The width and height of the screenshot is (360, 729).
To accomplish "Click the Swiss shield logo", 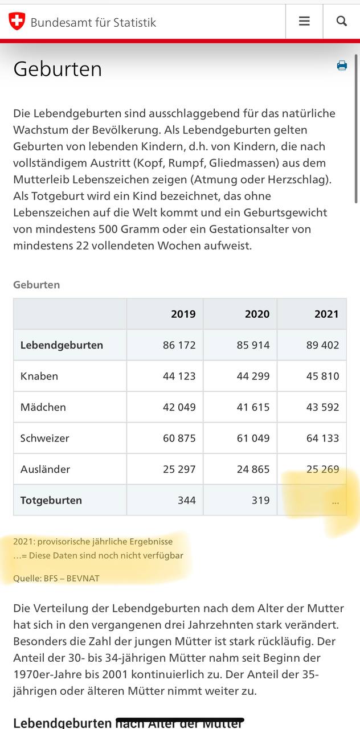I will click(17, 21).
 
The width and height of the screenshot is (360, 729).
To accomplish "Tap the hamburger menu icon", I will click(304, 21).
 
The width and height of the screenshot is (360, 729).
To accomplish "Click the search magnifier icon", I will click(342, 21).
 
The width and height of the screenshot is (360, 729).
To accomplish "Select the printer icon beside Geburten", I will click(342, 65).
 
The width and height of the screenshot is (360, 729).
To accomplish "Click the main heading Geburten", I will click(58, 69).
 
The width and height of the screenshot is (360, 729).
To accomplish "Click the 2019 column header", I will click(183, 314).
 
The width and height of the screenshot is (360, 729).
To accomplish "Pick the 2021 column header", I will click(326, 314).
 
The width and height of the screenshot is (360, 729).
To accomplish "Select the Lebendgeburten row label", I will click(62, 345).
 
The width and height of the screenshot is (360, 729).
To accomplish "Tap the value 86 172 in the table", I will click(179, 345).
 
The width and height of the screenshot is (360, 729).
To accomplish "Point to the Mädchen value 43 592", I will click(322, 407).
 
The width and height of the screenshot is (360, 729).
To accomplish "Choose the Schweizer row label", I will click(44, 438).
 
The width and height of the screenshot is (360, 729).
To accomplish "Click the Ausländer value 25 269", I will click(322, 469).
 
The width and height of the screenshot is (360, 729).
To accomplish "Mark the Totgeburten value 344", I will click(186, 500).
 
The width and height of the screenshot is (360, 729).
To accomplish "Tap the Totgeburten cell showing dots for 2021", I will click(335, 501).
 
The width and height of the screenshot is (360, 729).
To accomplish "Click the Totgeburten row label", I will click(51, 500).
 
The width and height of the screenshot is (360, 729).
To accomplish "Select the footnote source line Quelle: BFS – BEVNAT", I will click(56, 578).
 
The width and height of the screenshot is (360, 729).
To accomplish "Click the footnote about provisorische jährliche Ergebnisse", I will click(93, 541).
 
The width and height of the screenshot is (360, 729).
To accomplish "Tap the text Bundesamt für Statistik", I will click(93, 22).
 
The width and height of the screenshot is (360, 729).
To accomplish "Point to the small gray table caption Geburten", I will click(36, 285).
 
